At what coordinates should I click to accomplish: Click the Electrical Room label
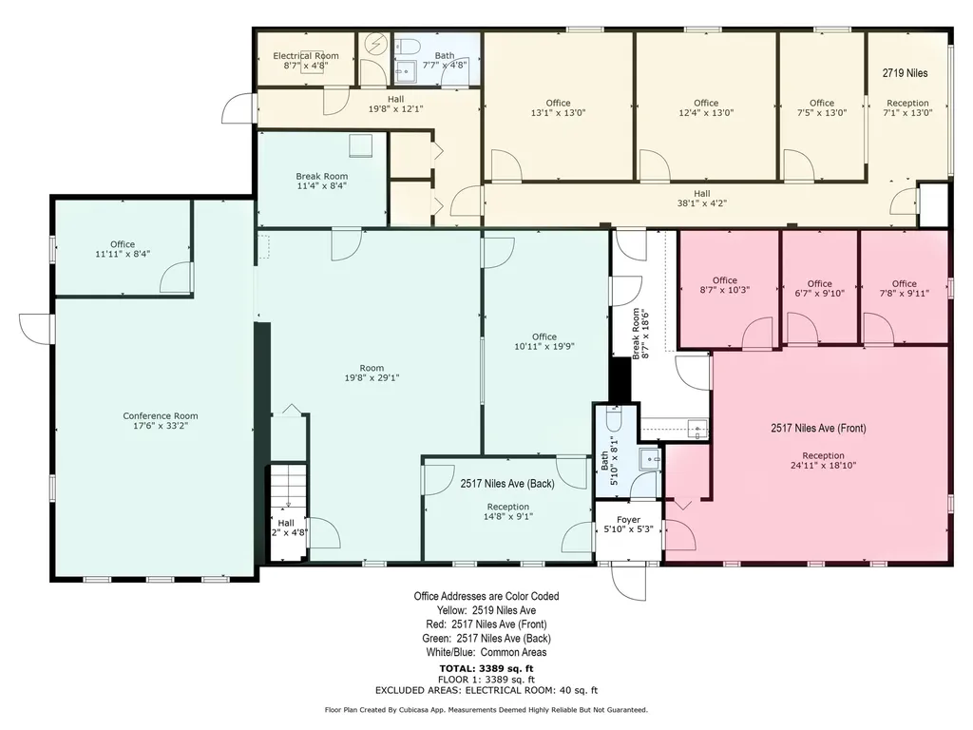click(x=306, y=56)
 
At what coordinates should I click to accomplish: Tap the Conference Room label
click(x=160, y=416)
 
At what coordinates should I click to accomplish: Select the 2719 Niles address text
click(x=905, y=72)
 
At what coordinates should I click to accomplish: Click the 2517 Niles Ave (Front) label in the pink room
click(x=818, y=428)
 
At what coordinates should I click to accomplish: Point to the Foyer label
click(x=628, y=520)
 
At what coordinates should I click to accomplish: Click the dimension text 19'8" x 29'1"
click(x=372, y=377)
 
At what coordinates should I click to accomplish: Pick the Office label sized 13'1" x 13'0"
click(x=558, y=103)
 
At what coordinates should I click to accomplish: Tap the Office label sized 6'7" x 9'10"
click(x=819, y=283)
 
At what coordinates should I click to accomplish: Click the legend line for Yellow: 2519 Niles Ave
click(x=486, y=610)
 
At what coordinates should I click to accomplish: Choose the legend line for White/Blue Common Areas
click(x=486, y=652)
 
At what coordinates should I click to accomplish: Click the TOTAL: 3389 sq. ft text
click(x=486, y=668)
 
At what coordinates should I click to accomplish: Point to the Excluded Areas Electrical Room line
click(x=486, y=690)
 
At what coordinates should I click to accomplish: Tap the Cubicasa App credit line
click(x=486, y=709)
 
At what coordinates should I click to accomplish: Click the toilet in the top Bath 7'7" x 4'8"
click(x=407, y=46)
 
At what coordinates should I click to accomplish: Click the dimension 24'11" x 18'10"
click(x=823, y=465)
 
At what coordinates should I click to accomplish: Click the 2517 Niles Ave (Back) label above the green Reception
click(x=507, y=484)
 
